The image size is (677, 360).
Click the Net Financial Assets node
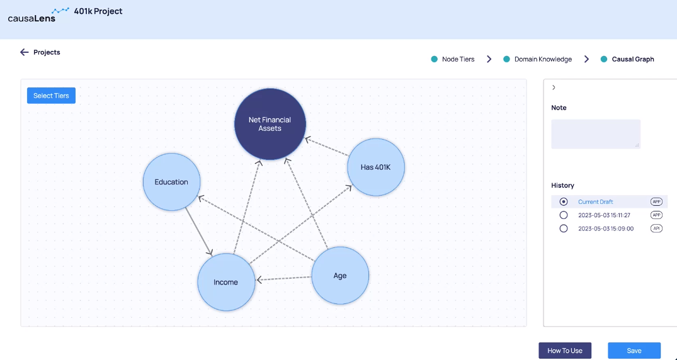point(270,124)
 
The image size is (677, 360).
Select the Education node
point(171,182)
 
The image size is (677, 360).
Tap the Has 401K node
point(375,167)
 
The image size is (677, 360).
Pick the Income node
point(226,282)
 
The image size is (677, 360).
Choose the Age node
point(340,276)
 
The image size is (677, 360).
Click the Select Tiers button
point(52,96)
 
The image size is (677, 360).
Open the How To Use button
point(565,351)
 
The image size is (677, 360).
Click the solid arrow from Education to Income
point(198,232)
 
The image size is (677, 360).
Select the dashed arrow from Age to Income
point(284,279)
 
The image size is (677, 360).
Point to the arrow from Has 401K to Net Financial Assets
point(327,147)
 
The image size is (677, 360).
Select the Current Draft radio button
point(564,201)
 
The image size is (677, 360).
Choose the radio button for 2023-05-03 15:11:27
point(564,215)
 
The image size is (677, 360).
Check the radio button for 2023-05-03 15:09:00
point(564,228)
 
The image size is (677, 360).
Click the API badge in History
point(656,228)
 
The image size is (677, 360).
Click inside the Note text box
point(596,134)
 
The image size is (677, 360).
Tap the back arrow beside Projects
point(24,52)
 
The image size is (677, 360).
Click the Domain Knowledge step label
point(543,59)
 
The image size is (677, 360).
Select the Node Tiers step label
point(458,59)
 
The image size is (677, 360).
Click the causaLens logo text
point(31,18)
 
